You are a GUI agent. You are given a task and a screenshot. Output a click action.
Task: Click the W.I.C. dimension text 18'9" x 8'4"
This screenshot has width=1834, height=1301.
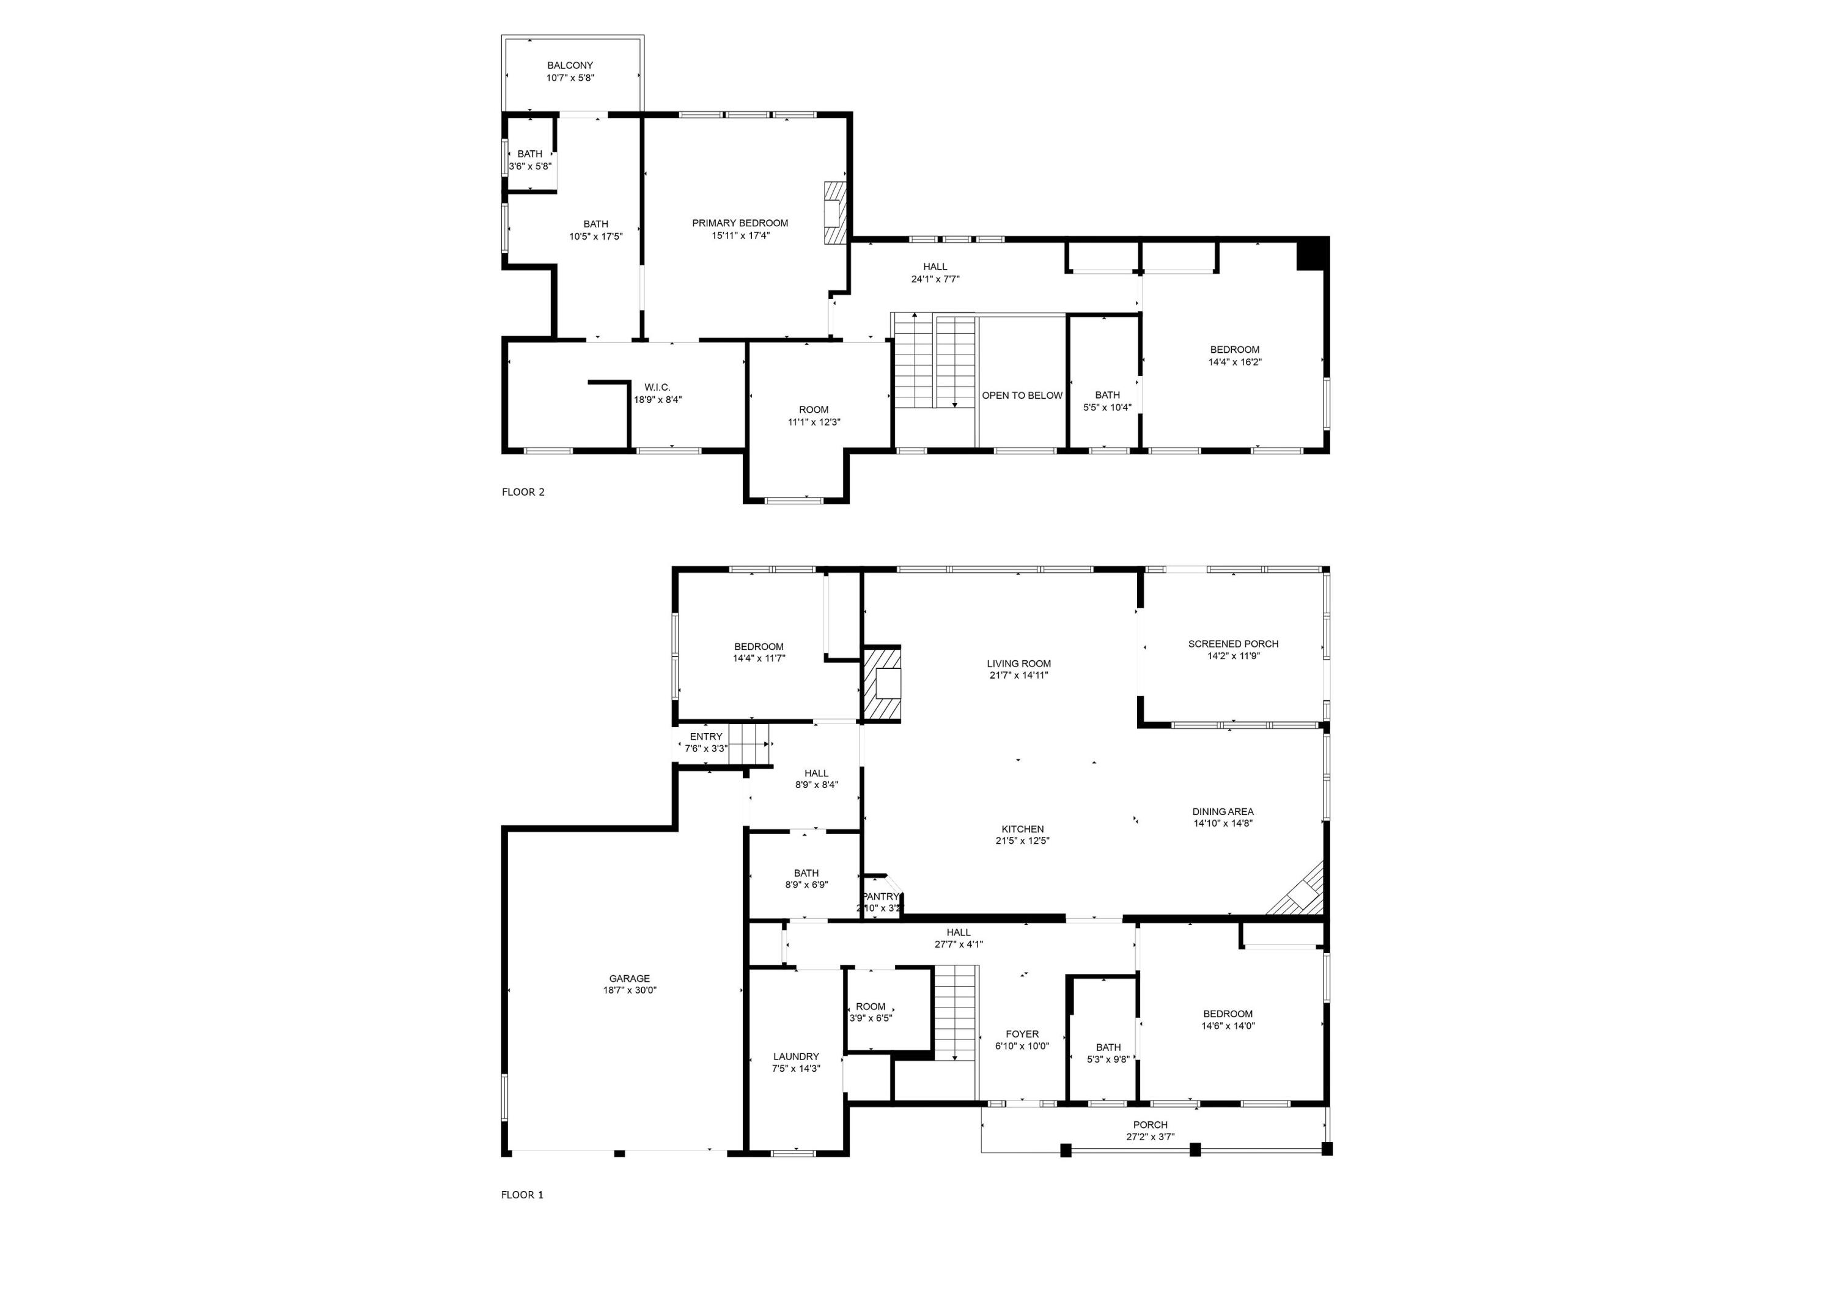click(658, 400)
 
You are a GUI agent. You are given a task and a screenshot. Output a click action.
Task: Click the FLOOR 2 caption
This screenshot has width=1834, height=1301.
click(523, 492)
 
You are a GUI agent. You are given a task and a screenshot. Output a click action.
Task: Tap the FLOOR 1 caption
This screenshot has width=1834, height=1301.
click(522, 1195)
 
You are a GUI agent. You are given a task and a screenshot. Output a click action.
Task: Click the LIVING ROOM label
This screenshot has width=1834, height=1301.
click(1018, 663)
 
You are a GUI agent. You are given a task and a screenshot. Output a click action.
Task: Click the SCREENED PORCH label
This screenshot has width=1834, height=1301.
click(1232, 643)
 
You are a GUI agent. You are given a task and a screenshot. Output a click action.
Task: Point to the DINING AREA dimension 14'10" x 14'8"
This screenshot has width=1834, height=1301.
click(1222, 823)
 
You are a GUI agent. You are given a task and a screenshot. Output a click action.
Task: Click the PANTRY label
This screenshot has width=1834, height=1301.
click(880, 896)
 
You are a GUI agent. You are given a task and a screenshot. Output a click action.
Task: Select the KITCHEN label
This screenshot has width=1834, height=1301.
click(1022, 829)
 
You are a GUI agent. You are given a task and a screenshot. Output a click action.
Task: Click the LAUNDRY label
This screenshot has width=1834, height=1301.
click(795, 1056)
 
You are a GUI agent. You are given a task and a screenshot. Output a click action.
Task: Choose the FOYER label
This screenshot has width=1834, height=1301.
click(1022, 1034)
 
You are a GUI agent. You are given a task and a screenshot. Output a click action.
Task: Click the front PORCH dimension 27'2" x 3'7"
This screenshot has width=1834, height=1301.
click(1150, 1136)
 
